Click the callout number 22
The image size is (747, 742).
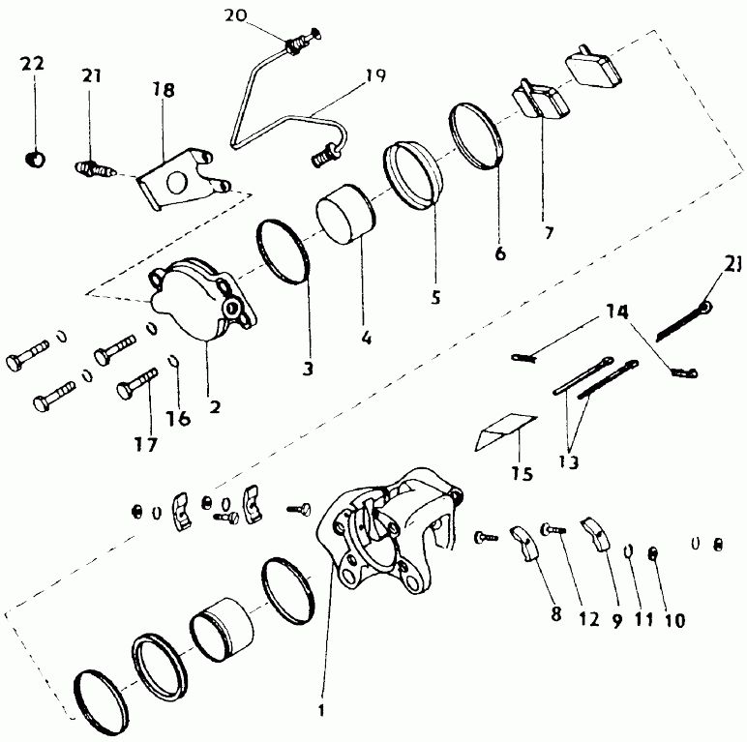click(32, 63)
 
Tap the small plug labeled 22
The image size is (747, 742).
click(35, 158)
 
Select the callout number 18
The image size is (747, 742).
click(164, 90)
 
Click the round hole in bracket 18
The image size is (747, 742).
click(176, 183)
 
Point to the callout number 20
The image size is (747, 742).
click(236, 15)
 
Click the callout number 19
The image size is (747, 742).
click(375, 75)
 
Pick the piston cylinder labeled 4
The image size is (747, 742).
click(346, 215)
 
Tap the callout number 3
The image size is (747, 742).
click(309, 369)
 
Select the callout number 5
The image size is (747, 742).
click(435, 297)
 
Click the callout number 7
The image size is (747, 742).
click(549, 233)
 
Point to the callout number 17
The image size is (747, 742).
click(145, 444)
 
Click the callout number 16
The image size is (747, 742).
click(178, 418)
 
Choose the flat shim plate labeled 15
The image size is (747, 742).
click(505, 431)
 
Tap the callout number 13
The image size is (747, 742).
click(568, 461)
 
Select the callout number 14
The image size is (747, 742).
click(617, 312)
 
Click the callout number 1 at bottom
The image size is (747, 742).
click(321, 710)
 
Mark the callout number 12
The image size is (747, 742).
click(589, 618)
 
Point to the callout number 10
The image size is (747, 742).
click(674, 620)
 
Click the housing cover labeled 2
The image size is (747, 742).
click(204, 299)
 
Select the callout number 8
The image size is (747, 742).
click(556, 614)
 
